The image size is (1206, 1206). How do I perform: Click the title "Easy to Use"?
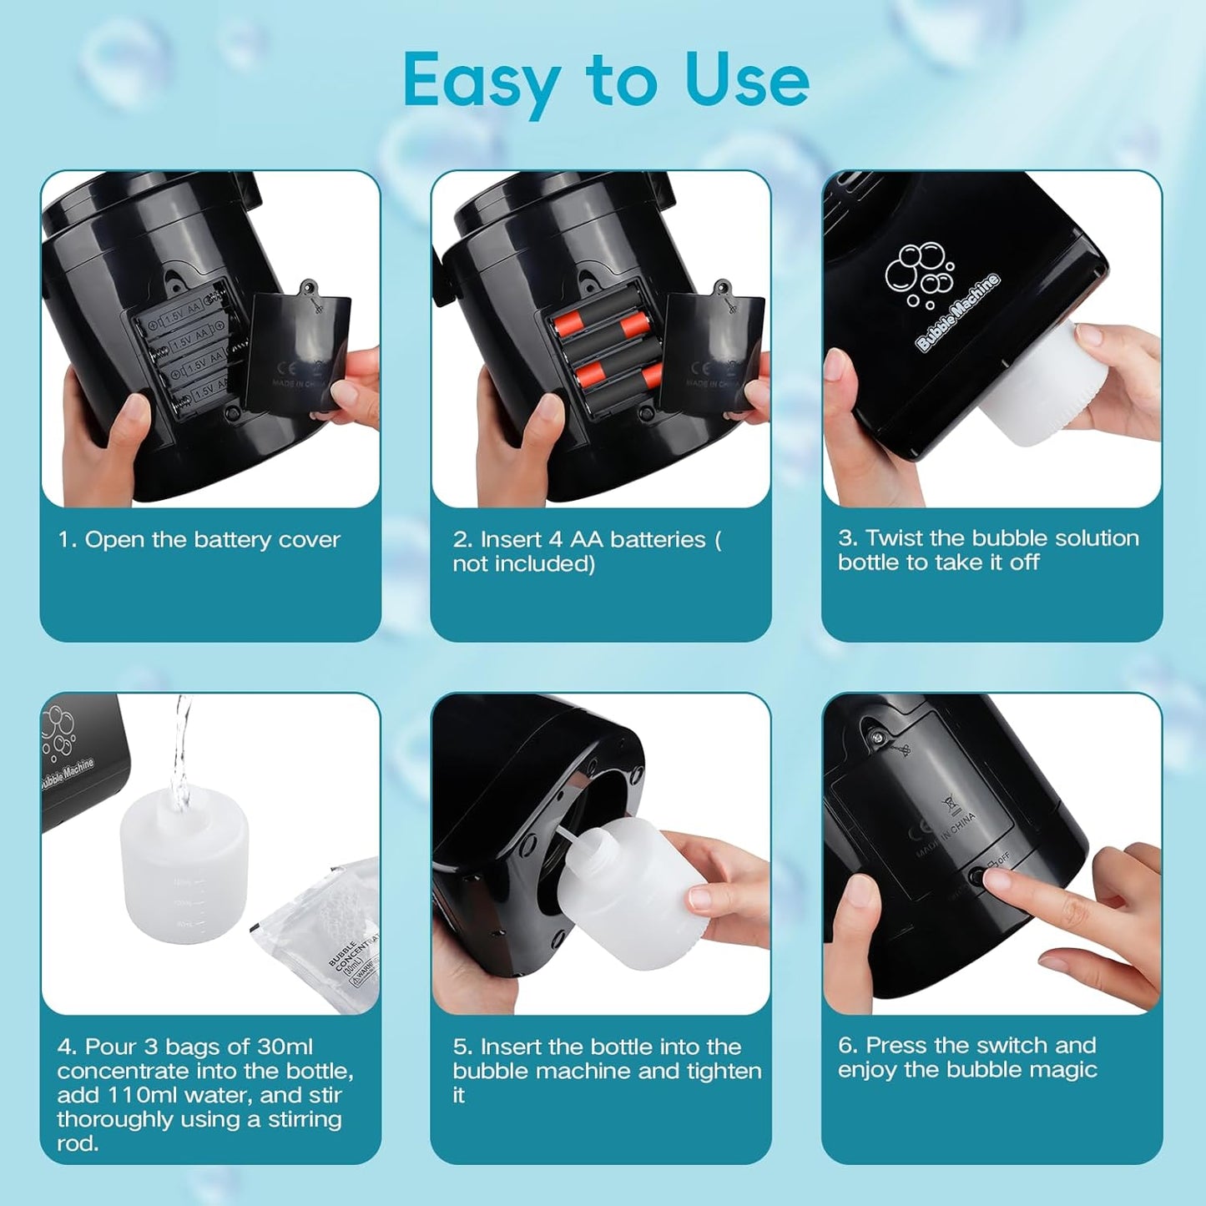[x=605, y=80]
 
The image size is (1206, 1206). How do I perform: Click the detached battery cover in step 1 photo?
[x=300, y=351]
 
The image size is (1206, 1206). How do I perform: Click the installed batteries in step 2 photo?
[x=607, y=351]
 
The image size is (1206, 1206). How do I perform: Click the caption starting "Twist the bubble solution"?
[x=988, y=550]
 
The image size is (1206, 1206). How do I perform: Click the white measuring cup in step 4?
[x=184, y=868]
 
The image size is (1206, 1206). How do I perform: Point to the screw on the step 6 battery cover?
[x=876, y=736]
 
